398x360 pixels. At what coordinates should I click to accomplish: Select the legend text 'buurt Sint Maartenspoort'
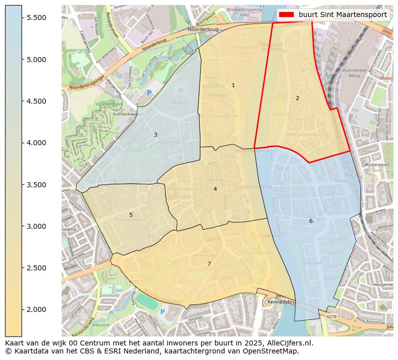pyautogui.click(x=342, y=15)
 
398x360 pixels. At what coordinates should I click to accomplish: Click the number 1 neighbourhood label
pyautogui.click(x=233, y=86)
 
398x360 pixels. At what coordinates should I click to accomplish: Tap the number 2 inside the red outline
pyautogui.click(x=297, y=98)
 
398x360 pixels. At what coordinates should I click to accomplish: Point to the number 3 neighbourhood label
pyautogui.click(x=155, y=135)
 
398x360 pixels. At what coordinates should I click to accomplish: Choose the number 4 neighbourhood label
pyautogui.click(x=215, y=189)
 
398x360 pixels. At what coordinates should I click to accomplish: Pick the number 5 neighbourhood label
pyautogui.click(x=131, y=215)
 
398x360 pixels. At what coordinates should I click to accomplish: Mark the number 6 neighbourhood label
pyautogui.click(x=311, y=221)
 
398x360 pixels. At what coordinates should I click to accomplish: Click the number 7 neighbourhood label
pyautogui.click(x=209, y=264)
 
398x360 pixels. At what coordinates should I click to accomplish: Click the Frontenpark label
pyautogui.click(x=109, y=105)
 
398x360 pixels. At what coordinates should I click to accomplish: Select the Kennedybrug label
pyautogui.click(x=283, y=302)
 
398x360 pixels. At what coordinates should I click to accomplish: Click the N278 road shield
pyautogui.click(x=331, y=316)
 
